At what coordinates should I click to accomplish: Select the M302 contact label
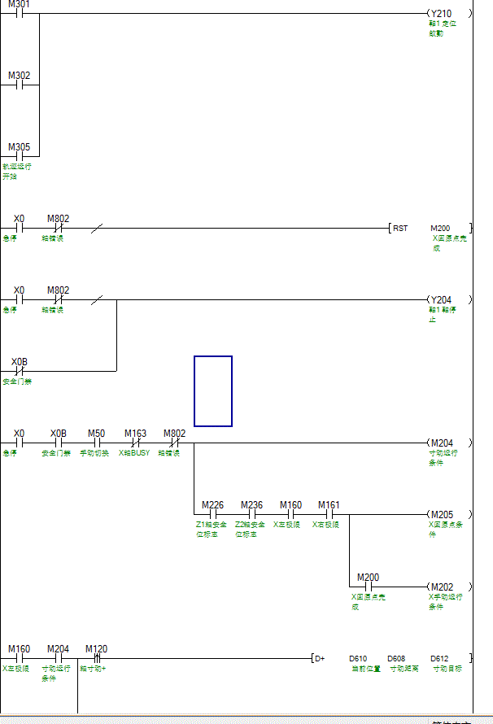pyautogui.click(x=20, y=76)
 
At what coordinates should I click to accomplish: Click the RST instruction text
pyautogui.click(x=400, y=229)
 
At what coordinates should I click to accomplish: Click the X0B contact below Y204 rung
pyautogui.click(x=20, y=371)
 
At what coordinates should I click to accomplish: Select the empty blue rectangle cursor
pyautogui.click(x=213, y=390)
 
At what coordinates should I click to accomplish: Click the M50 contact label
pyautogui.click(x=96, y=434)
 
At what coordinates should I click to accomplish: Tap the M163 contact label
pyautogui.click(x=135, y=434)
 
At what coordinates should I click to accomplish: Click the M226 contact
pyautogui.click(x=212, y=514)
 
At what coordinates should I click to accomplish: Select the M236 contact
pyautogui.click(x=251, y=514)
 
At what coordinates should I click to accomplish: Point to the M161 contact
pyautogui.click(x=329, y=514)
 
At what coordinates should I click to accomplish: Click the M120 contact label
pyautogui.click(x=96, y=649)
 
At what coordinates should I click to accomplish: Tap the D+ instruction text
pyautogui.click(x=320, y=658)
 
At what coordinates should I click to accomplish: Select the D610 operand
pyautogui.click(x=358, y=658)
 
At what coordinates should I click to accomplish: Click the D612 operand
pyautogui.click(x=439, y=658)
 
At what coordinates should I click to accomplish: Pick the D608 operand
pyautogui.click(x=396, y=658)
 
